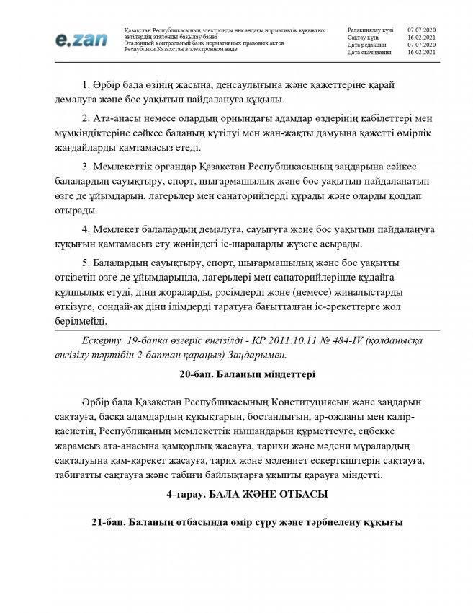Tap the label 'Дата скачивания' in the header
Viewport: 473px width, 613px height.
369,53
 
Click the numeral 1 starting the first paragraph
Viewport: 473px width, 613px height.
84,85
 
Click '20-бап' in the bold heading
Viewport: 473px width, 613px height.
196,374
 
